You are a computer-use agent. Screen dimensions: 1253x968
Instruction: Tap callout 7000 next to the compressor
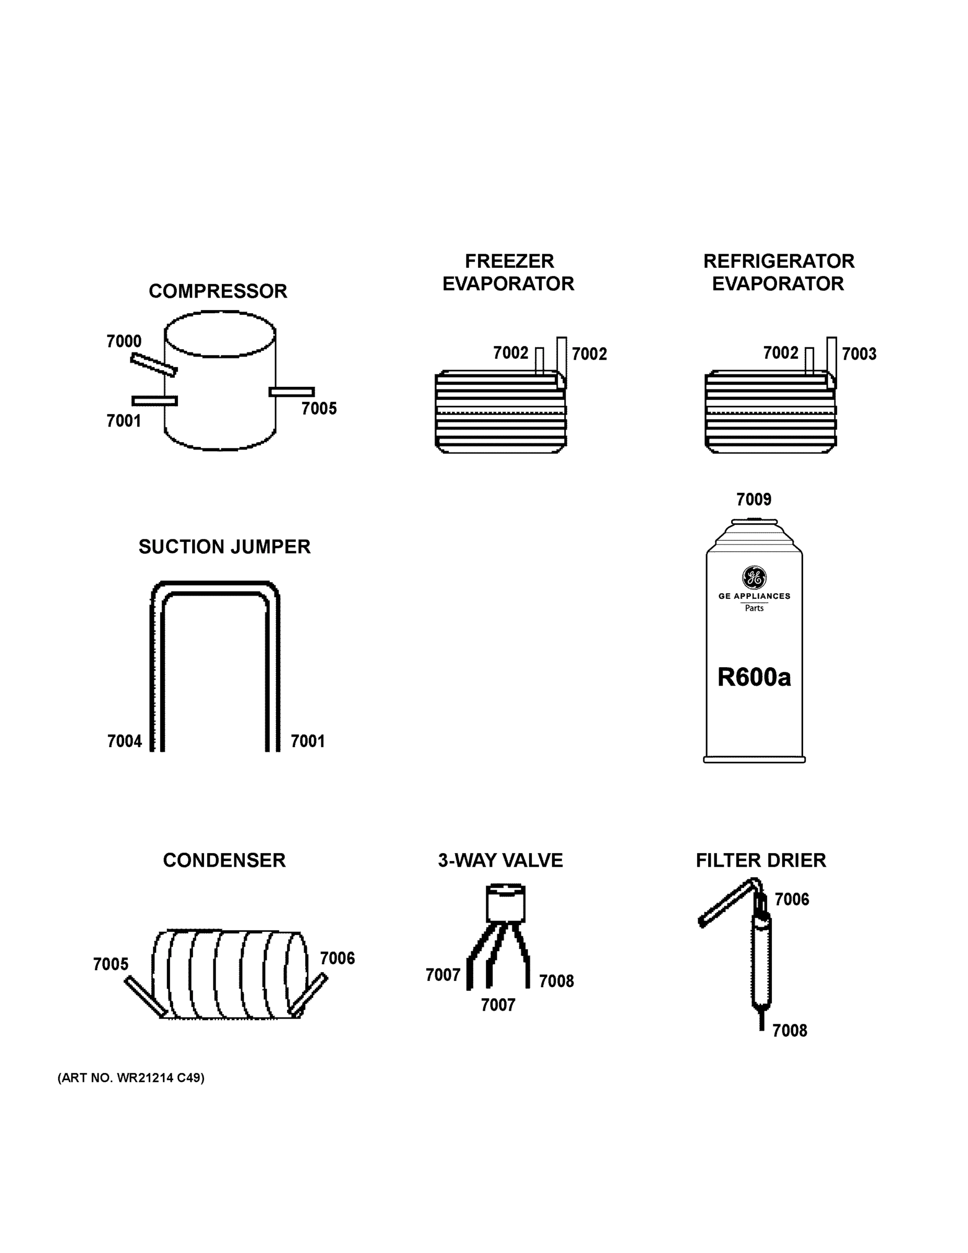point(124,341)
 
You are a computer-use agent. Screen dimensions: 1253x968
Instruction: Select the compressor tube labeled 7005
point(291,392)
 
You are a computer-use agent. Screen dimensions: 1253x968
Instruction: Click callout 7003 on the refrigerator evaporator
point(858,354)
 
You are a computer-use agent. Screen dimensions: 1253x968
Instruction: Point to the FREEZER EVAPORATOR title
point(509,273)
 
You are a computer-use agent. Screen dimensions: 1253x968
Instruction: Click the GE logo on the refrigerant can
point(754,577)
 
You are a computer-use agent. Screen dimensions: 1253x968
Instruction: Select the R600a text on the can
point(754,678)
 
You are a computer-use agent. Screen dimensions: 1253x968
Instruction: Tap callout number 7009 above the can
point(754,500)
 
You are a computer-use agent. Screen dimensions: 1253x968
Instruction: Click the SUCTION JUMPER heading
point(224,547)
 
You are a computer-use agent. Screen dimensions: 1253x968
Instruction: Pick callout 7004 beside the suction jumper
point(124,741)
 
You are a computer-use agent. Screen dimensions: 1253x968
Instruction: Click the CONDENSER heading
point(224,860)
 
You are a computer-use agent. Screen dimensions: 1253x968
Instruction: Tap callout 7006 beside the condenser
point(337,958)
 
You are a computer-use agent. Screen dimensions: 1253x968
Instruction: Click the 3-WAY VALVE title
point(500,860)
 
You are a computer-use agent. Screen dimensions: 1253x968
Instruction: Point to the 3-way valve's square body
point(505,904)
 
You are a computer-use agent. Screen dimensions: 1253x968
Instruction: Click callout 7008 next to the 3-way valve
point(556,981)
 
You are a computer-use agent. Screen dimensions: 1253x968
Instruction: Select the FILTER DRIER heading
point(760,860)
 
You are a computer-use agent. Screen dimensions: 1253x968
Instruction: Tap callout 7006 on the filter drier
point(792,899)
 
